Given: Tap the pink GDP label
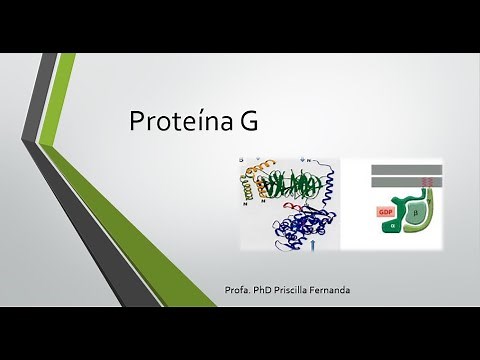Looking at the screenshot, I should click(x=384, y=212).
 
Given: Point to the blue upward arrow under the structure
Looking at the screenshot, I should click(x=320, y=241).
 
